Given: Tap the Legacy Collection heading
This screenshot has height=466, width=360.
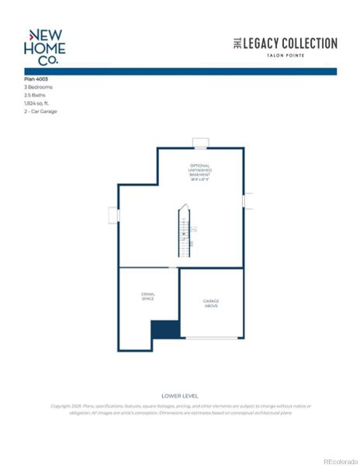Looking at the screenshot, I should click(x=286, y=44).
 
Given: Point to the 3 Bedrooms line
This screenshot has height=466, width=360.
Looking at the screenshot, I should click(x=40, y=88).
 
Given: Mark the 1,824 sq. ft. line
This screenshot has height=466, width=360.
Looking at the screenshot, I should click(x=38, y=103).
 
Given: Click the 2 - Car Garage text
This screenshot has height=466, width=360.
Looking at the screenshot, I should click(x=40, y=111).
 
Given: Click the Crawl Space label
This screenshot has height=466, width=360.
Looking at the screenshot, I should click(x=147, y=297).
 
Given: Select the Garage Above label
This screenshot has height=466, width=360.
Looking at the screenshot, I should click(x=211, y=303).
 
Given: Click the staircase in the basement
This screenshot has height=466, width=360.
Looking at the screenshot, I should click(x=185, y=233).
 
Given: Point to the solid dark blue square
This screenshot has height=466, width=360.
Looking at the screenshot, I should click(x=164, y=329).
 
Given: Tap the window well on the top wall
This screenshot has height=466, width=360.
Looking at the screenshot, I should click(x=201, y=143).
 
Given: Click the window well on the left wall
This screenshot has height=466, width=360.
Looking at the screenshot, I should click(x=113, y=215).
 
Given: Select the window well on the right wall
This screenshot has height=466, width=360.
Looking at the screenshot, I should click(x=247, y=200).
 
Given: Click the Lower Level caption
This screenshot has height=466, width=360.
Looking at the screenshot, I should click(x=179, y=396).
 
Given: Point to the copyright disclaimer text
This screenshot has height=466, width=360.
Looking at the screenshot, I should click(x=181, y=409).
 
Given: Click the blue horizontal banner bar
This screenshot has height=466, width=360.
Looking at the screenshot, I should click(x=180, y=71).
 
